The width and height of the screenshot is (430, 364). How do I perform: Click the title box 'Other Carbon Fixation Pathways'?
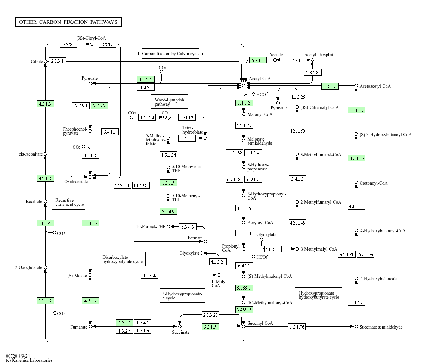[x=69, y=22]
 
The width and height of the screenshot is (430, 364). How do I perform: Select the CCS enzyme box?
[x=68, y=44]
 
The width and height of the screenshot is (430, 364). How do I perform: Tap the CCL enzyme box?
[x=107, y=44]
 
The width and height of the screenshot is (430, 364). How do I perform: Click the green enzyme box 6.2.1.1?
[x=258, y=60]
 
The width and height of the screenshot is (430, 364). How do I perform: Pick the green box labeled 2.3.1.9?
[x=330, y=86]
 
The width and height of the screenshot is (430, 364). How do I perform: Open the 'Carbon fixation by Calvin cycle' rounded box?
[x=171, y=54]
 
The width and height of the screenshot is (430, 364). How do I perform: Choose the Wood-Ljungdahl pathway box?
[x=170, y=101]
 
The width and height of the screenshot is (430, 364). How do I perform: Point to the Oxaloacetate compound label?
[x=76, y=182]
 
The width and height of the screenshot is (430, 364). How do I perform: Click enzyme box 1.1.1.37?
[x=90, y=223]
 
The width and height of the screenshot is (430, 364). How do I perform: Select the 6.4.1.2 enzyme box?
[x=244, y=103]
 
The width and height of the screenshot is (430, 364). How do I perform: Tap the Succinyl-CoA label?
[x=260, y=323]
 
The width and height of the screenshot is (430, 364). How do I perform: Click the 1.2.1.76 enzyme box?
[x=297, y=327]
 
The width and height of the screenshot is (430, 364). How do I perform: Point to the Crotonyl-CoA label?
[x=374, y=183]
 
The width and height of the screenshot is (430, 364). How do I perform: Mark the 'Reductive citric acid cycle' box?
[x=69, y=202]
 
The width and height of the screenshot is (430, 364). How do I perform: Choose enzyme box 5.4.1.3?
[x=297, y=179]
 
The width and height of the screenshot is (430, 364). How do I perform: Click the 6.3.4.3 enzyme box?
[x=188, y=227]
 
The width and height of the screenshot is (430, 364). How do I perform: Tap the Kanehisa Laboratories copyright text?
[x=30, y=360]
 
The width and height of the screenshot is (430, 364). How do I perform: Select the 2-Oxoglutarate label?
[x=28, y=267]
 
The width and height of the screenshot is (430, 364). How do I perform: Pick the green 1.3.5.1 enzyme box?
[x=124, y=323]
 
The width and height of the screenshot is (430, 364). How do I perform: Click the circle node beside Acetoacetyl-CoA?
[x=356, y=86]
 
